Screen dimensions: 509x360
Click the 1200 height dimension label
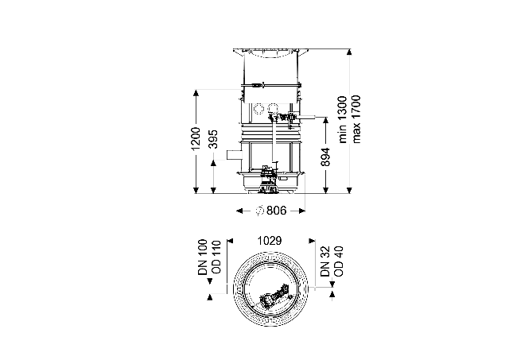click(196, 138)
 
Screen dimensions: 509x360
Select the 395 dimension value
click(213, 139)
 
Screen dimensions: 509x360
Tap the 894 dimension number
click(325, 157)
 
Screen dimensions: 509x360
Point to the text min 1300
click(343, 119)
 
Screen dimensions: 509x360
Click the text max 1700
click(356, 119)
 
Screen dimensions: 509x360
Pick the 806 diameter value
click(277, 211)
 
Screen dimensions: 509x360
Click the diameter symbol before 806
click(259, 211)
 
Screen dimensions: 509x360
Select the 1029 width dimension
click(270, 241)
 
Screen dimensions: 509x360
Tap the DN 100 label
click(202, 257)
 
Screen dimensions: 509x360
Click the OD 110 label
click(216, 257)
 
